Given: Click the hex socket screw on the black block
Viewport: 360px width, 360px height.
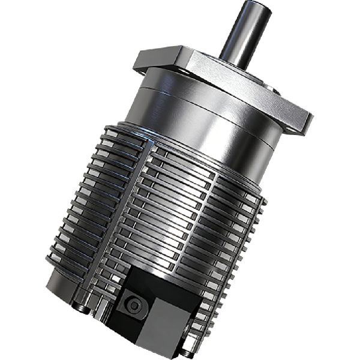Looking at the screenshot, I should coord(134,306).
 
